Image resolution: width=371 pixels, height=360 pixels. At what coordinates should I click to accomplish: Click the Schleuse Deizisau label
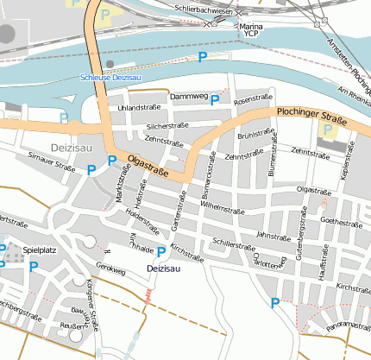tap(110, 78)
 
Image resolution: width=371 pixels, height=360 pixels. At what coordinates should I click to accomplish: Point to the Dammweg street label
tap(188, 96)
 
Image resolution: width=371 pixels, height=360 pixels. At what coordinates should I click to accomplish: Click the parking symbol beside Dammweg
tap(215, 99)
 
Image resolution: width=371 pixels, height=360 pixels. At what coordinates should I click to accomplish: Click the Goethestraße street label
tap(340, 221)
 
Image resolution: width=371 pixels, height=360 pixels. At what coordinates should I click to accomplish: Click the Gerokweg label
tap(111, 269)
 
